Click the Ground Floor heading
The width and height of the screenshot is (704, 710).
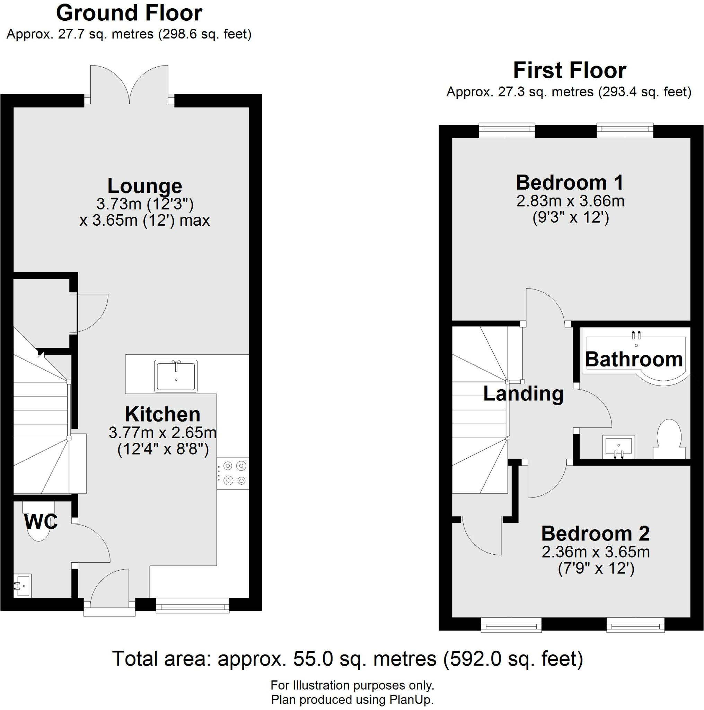(129, 13)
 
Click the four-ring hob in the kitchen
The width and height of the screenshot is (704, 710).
(233, 473)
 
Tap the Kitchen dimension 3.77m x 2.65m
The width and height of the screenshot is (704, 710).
(162, 433)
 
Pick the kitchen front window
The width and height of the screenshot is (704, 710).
(192, 605)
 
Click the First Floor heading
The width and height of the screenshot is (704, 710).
(569, 71)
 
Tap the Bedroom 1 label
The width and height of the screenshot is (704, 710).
(570, 183)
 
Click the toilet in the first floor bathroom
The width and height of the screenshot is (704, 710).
(669, 439)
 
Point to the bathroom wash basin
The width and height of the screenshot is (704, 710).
(618, 447)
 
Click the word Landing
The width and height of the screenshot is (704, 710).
(523, 393)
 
